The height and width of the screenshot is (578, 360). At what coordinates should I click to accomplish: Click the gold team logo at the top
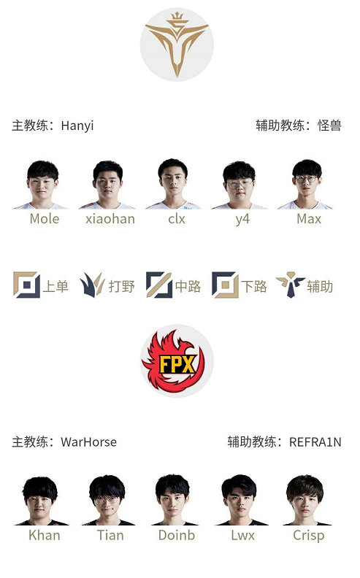(177, 45)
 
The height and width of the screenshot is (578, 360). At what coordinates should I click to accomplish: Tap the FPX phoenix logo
(177, 361)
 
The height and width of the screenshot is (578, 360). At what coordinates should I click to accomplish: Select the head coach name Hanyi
(77, 126)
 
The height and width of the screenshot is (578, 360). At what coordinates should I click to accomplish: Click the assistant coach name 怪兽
(329, 126)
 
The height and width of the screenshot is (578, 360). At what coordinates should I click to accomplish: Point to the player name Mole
(45, 218)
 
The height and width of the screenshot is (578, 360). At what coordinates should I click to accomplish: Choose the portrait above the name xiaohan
(109, 185)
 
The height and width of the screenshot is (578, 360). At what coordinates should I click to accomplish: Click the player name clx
(177, 218)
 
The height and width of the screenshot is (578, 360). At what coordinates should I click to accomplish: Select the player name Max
(309, 218)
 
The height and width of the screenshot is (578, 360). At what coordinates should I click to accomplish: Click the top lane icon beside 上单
(26, 285)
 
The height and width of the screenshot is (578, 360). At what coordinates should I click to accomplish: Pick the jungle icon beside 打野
(93, 285)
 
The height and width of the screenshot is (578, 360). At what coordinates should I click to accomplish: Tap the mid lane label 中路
(188, 286)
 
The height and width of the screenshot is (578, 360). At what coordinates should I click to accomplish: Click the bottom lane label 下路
(254, 286)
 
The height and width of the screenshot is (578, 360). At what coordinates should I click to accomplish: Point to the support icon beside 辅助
(290, 285)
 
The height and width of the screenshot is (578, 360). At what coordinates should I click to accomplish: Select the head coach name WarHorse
(88, 442)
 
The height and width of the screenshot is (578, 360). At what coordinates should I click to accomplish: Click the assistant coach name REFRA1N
(315, 442)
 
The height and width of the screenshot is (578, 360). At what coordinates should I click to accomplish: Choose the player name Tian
(110, 535)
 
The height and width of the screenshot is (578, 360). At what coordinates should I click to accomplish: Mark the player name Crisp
(308, 535)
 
